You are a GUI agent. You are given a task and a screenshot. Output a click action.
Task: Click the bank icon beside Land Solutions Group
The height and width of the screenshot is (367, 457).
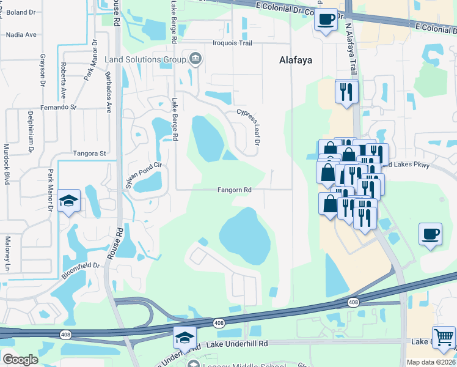click(195, 59)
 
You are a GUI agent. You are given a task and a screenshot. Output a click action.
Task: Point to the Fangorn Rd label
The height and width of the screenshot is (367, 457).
click(235, 190)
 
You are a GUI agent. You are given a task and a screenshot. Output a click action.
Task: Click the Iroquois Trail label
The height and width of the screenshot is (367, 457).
click(232, 43)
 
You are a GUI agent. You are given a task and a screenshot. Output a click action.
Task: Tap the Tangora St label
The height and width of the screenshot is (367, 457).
click(89, 154)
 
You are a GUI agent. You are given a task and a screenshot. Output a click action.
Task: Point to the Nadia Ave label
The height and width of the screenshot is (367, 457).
click(21, 35)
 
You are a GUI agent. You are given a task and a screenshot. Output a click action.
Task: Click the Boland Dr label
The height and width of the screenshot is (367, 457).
click(21, 12)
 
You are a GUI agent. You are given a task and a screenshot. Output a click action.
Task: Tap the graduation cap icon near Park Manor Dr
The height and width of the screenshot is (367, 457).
click(69, 200)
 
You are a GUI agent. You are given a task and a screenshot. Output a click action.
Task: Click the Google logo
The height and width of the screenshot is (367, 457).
click(20, 360)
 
